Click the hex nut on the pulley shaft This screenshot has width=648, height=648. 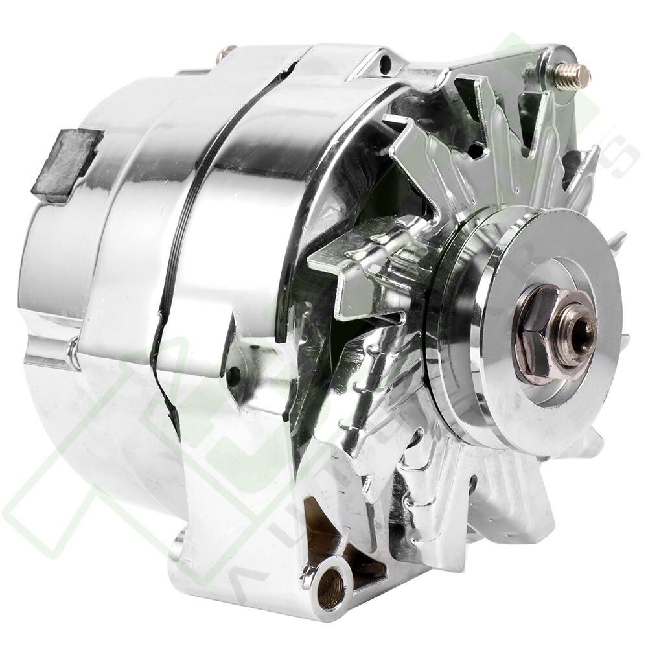pos(537,334)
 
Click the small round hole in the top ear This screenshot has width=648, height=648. pos(386,64)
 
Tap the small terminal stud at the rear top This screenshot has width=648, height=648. pos(227,51)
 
